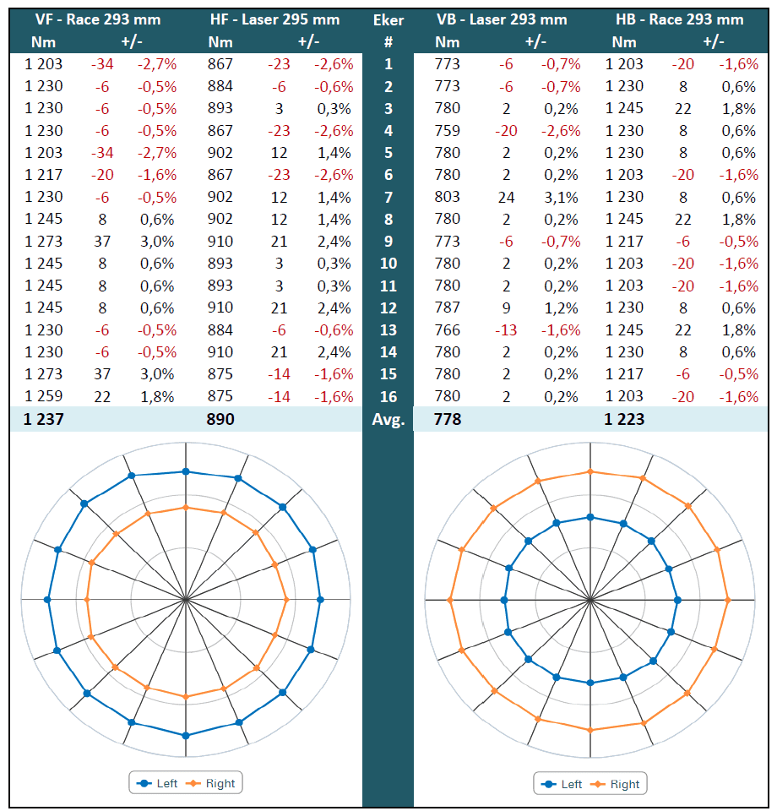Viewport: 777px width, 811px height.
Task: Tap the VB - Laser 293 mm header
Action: (x=502, y=19)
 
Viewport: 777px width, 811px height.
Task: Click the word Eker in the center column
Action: (x=388, y=19)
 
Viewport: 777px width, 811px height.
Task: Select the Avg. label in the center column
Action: (x=388, y=418)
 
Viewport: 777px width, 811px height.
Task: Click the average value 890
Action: (x=220, y=418)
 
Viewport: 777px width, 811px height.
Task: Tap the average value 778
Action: (x=447, y=418)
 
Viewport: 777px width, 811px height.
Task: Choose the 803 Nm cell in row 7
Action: (x=447, y=197)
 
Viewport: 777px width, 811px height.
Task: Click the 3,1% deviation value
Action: (x=561, y=197)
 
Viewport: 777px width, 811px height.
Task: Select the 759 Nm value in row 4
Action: (x=447, y=130)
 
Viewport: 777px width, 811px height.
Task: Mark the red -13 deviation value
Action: (x=505, y=329)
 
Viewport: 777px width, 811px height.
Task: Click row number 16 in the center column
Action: (x=388, y=395)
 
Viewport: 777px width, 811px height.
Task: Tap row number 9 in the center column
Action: (x=388, y=241)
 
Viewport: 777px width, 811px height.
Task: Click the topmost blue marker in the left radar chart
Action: (x=186, y=471)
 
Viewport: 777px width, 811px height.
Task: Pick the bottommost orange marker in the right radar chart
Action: (x=590, y=729)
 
